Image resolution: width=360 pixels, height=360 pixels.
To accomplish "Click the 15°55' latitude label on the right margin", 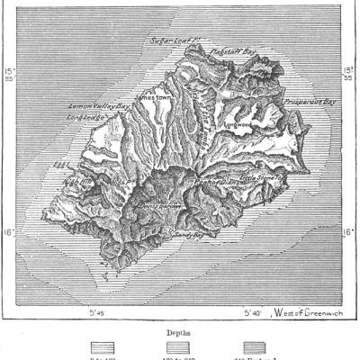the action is (x=350, y=74).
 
